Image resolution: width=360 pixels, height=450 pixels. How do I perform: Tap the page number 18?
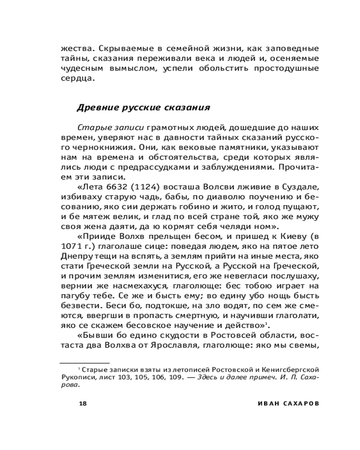[82, 403]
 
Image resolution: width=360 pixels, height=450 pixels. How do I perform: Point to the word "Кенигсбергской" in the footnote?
[294, 369]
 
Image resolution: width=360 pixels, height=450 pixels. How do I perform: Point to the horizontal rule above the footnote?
[85, 362]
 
